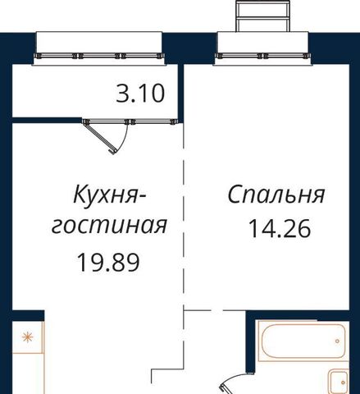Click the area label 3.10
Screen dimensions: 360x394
pos(140,94)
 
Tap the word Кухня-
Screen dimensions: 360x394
pos(110,195)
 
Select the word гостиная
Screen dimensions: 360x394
pos(109,226)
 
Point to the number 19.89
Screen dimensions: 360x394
pos(108,263)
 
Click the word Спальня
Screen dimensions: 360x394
pos(276,195)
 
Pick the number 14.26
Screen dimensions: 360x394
pos(280,228)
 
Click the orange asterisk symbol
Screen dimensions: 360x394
pos(28,337)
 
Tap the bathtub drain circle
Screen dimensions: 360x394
pos(337,341)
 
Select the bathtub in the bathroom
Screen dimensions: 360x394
pos(303,341)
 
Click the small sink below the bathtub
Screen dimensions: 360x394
pos(339,382)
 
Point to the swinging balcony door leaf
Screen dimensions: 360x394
pos(100,138)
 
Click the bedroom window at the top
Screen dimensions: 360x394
pos(262,56)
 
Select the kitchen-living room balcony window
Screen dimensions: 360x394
pos(99,56)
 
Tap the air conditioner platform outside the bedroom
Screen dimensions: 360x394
pos(262,16)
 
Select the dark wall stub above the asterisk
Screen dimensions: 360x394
pos(28,315)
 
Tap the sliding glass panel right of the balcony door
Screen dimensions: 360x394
pos(153,121)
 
